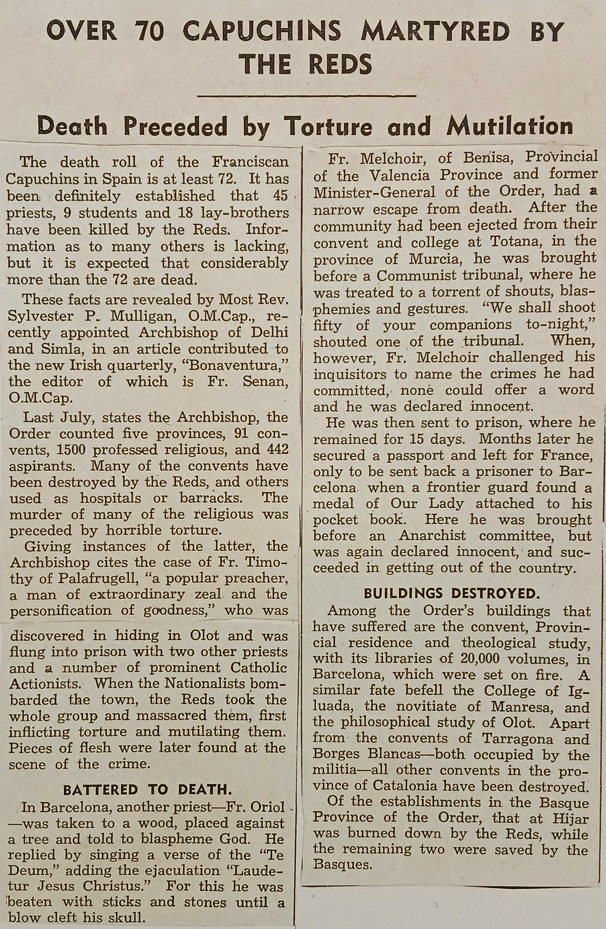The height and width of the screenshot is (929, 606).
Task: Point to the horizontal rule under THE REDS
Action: point(307,95)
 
